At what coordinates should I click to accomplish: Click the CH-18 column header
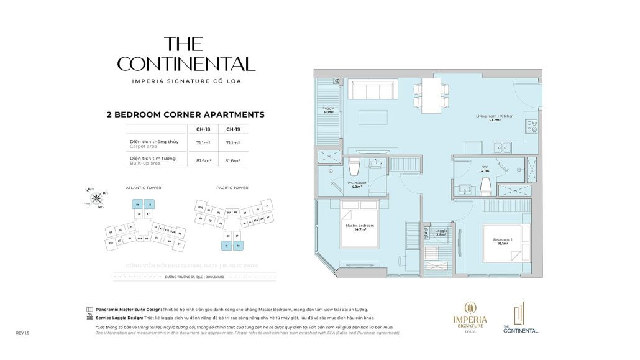pos(202,129)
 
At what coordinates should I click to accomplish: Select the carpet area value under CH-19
pos(233,142)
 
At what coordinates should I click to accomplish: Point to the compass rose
pos(97,198)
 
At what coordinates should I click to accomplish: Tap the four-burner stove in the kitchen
pos(533,126)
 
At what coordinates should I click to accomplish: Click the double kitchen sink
pos(502,147)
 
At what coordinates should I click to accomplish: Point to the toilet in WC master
pos(355,167)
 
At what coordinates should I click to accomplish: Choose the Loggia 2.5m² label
pos(441,233)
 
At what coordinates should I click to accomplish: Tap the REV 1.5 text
pos(22,333)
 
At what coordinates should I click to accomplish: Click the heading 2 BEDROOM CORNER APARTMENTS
pos(186,114)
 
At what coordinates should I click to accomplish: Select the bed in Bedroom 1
pos(506,242)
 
